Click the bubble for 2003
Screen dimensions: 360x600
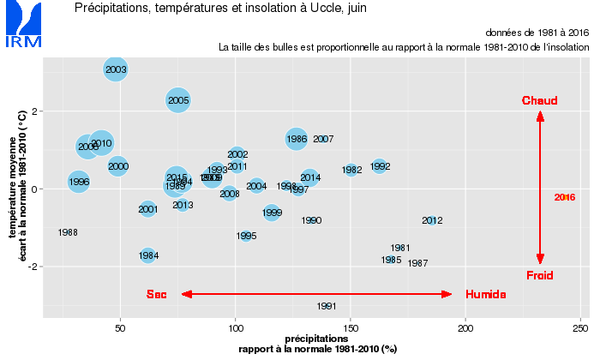coord(116,69)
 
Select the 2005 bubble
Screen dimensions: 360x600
coord(178,100)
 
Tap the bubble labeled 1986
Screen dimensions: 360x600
coord(297,138)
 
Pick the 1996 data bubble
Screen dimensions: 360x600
coord(79,182)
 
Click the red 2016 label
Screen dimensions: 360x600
coord(565,197)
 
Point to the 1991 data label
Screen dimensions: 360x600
coord(326,306)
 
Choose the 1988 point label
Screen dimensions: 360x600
coord(68,232)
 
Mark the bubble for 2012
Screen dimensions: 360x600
coord(432,220)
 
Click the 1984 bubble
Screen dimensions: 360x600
coord(148,255)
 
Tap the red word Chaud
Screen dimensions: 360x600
coord(540,100)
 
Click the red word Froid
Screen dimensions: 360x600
coord(540,275)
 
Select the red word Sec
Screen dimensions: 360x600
coord(156,294)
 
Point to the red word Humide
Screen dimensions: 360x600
coord(485,294)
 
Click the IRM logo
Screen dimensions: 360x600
coord(21,25)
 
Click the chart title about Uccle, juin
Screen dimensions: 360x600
coord(211,9)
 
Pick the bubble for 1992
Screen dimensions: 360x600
coord(380,166)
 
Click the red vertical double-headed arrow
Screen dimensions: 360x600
coord(540,188)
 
